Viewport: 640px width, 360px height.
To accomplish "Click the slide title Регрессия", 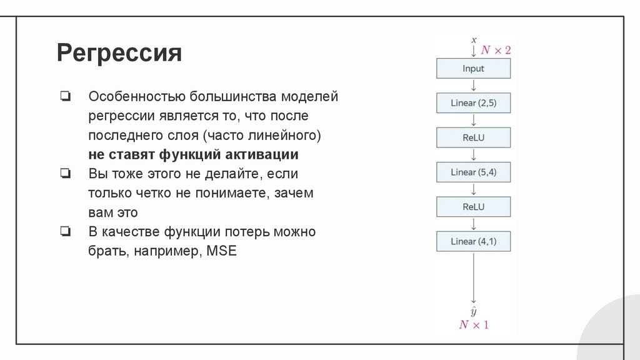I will (119, 54).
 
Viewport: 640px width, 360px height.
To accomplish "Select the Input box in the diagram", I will (473, 69).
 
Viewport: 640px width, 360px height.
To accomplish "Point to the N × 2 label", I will (495, 50).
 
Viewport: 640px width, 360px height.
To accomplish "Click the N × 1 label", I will (474, 324).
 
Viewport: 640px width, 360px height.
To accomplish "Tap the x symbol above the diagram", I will (474, 40).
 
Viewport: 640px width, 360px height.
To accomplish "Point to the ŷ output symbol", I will (474, 311).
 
